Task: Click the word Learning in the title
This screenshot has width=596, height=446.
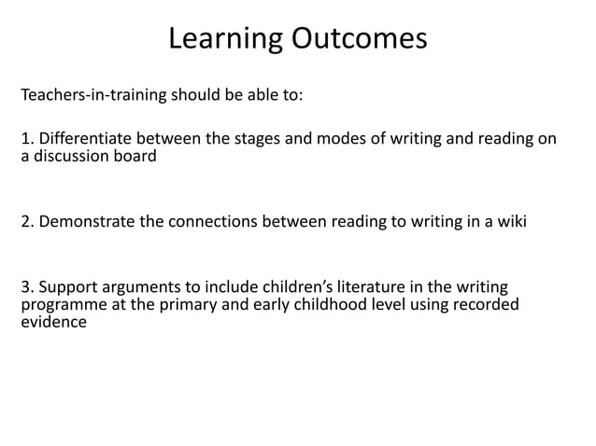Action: click(225, 39)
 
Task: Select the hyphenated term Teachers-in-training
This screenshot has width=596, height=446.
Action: click(92, 96)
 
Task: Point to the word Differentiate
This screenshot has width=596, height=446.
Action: click(83, 140)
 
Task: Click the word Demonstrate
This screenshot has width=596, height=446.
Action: click(88, 223)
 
